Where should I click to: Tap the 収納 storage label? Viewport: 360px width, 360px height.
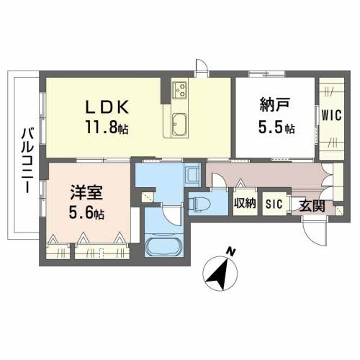(245, 204)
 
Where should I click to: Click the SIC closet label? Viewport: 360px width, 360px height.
(274, 204)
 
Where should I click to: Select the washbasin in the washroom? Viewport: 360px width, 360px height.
(192, 175)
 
